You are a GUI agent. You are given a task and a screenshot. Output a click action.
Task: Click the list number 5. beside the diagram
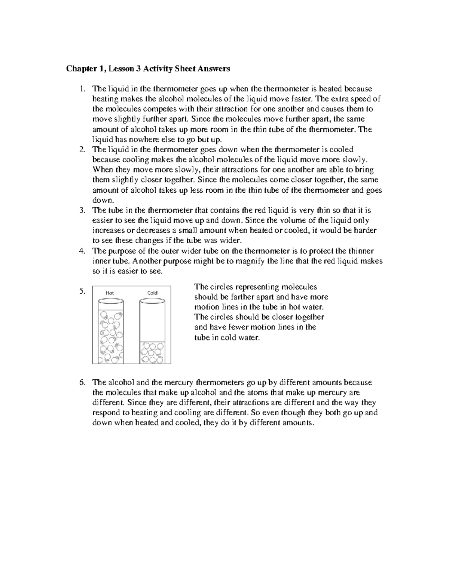[x=83, y=291]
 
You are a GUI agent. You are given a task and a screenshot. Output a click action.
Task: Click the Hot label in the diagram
[x=110, y=293]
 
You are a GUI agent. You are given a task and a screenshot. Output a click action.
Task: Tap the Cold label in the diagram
[x=152, y=293]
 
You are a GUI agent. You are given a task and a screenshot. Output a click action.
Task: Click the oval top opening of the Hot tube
[x=110, y=300]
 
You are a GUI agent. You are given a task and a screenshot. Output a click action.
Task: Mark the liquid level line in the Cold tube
[x=152, y=342]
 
